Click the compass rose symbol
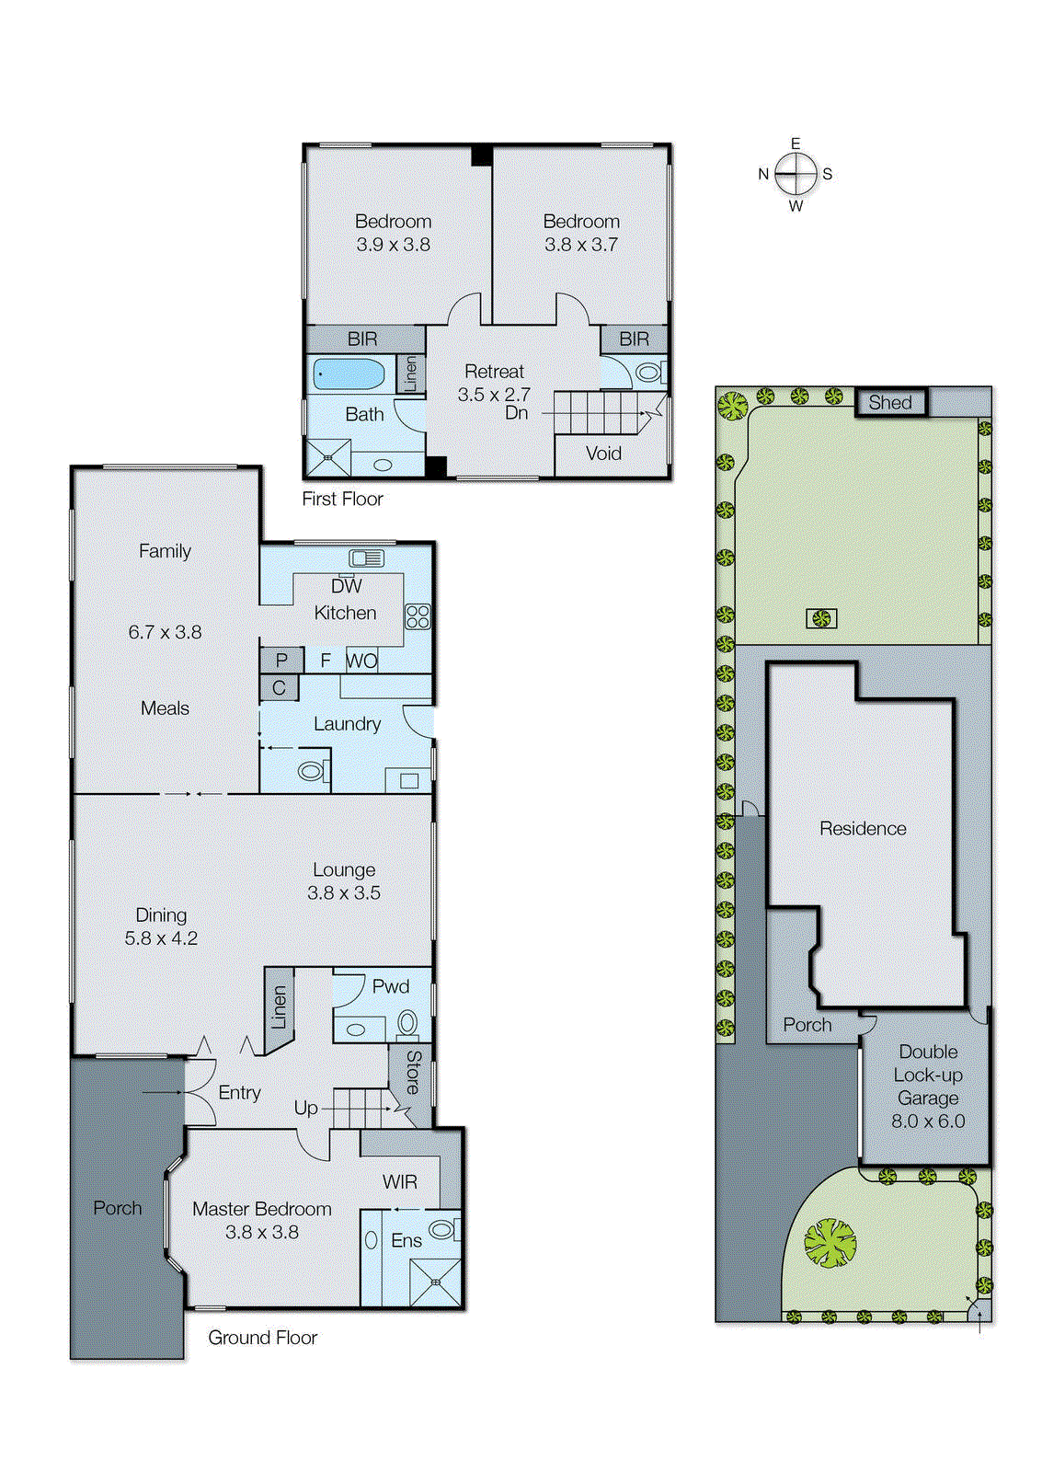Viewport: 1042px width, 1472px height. point(796,173)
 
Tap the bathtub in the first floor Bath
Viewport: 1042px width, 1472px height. point(349,374)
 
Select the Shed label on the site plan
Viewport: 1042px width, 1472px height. point(889,402)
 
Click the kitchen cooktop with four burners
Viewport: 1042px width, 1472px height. point(418,616)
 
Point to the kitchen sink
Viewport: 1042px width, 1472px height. point(366,558)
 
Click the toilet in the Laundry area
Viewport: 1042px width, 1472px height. point(312,770)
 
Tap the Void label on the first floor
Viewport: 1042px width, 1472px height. point(603,454)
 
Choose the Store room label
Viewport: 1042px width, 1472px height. point(413,1071)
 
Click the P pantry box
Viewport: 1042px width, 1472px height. point(281,660)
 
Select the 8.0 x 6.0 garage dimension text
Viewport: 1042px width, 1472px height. point(928,1121)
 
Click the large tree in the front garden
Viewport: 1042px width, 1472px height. point(830,1243)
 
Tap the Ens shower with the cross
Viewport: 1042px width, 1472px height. point(435,1282)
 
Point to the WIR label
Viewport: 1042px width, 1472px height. point(399,1181)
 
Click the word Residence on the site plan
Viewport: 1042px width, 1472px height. point(863,828)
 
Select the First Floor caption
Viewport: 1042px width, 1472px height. point(342,499)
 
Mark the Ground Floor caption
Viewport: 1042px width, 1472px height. point(262,1338)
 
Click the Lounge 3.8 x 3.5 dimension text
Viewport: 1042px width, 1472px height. point(343,892)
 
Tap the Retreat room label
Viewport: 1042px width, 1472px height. point(494,372)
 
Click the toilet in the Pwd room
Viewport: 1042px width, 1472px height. point(406,1022)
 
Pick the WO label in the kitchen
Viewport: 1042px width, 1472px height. point(361,660)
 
